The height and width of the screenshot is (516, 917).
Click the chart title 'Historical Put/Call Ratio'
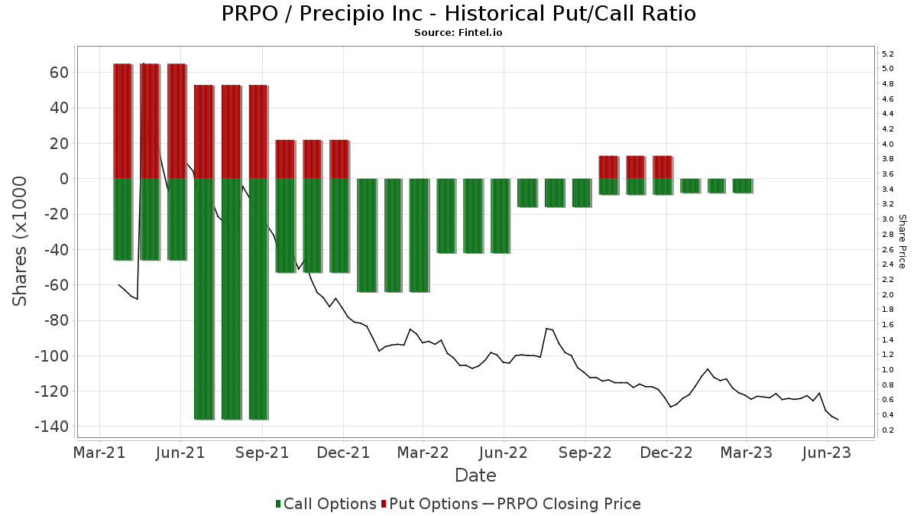tap(458, 14)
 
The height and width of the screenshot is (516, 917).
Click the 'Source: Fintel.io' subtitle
tap(458, 33)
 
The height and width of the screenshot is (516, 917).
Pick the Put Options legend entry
tap(433, 504)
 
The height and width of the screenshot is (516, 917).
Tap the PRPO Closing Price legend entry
tap(562, 504)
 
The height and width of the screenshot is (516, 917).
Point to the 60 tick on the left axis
tap(60, 73)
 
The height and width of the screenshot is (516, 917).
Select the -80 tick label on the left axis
tap(57, 320)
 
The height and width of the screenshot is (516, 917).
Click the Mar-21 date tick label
tap(100, 453)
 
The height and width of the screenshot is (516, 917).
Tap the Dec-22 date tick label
tap(666, 453)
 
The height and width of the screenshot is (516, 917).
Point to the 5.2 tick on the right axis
tap(888, 54)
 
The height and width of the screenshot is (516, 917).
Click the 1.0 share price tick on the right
tap(888, 370)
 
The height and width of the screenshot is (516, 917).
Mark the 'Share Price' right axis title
tap(902, 241)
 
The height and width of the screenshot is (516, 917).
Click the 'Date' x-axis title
tap(475, 475)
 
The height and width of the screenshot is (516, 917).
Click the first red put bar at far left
tap(122, 121)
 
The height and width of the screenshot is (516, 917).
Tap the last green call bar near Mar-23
tap(742, 186)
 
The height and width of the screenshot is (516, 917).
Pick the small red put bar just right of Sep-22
tap(608, 167)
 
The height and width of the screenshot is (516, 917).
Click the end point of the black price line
tap(838, 420)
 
